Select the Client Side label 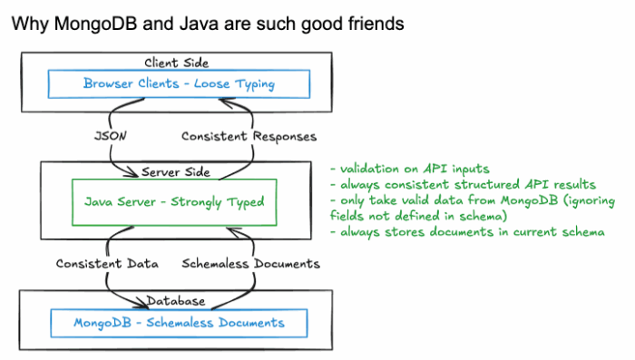177,63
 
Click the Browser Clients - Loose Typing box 178,85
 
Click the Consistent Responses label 249,136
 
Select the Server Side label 177,171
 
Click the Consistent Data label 107,264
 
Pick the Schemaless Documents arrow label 251,264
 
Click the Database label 177,299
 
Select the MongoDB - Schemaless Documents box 178,322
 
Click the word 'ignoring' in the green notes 578,201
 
